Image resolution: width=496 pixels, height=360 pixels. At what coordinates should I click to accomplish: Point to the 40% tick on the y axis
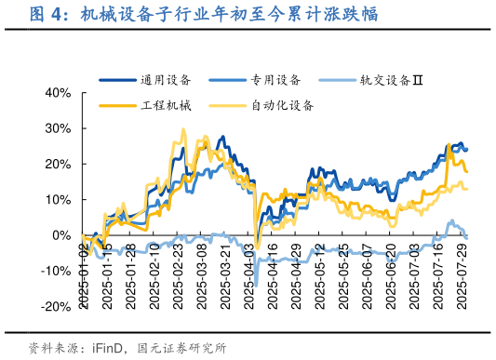pyautogui.click(x=59, y=93)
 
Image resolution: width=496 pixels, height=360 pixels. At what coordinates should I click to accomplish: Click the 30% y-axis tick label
pyautogui.click(x=59, y=128)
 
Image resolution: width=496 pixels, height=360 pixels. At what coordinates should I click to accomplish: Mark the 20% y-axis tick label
pyautogui.click(x=59, y=165)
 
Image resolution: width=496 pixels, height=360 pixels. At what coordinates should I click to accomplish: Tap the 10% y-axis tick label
pyautogui.click(x=59, y=200)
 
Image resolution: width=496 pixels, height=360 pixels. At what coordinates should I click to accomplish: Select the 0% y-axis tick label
pyautogui.click(x=62, y=236)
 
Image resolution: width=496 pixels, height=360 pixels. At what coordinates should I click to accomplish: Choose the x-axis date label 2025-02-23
pyautogui.click(x=178, y=269)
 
